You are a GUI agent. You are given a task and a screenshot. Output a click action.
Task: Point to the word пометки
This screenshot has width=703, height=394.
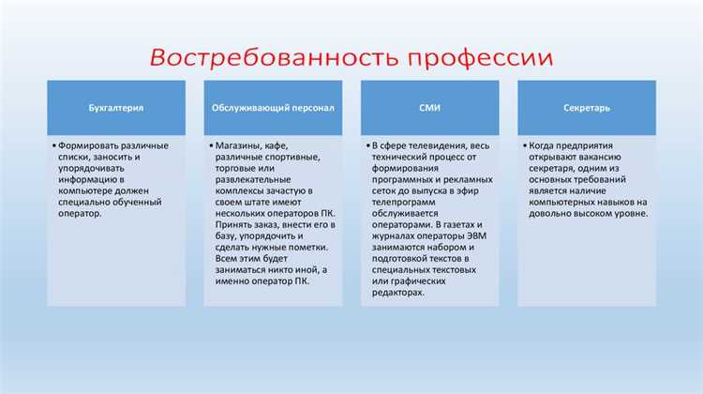[306, 247]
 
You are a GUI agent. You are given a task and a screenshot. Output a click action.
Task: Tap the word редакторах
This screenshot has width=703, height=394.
[398, 293]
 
